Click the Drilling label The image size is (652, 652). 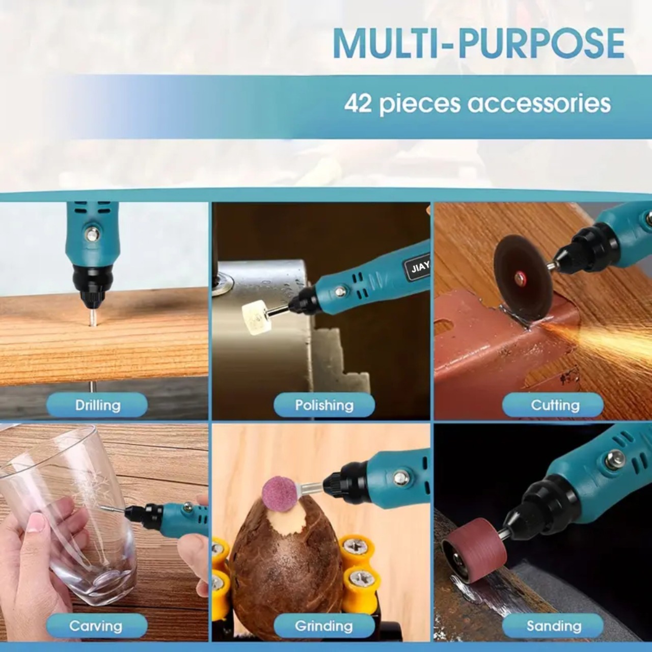(97, 404)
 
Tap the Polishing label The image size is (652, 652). (324, 404)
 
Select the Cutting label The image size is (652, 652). (555, 404)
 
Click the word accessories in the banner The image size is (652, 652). (539, 103)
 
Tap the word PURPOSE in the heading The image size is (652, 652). (541, 44)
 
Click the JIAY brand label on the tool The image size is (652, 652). (418, 269)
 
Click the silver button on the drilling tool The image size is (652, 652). (92, 233)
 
